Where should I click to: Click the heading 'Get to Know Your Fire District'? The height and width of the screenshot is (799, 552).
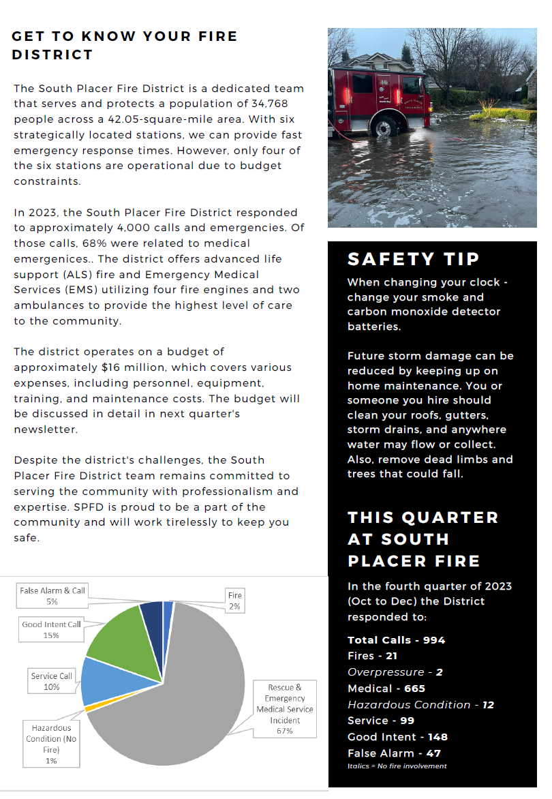[x=125, y=45]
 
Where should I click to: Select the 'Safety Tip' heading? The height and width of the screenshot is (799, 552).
[x=413, y=259]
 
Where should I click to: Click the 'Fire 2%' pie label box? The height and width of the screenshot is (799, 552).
[x=234, y=601]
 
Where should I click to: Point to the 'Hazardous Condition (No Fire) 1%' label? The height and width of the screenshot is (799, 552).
[x=51, y=744]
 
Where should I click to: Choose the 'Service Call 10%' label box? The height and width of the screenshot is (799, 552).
[x=52, y=681]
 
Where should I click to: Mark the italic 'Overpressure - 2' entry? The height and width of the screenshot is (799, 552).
[x=395, y=672]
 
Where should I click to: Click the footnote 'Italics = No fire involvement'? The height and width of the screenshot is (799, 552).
[x=397, y=766]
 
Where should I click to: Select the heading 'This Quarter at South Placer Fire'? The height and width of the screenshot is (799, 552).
[x=423, y=539]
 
